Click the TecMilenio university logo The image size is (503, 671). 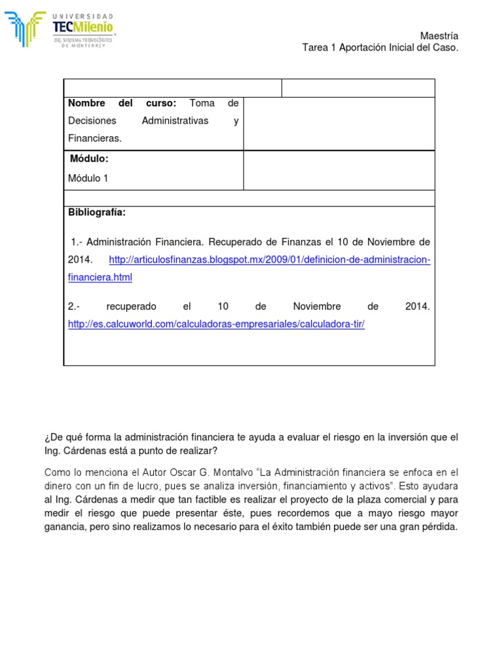click(60, 29)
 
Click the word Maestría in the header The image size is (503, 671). click(439, 36)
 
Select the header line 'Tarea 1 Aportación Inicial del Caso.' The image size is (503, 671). click(380, 48)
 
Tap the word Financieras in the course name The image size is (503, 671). click(94, 138)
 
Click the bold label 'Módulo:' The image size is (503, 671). click(89, 159)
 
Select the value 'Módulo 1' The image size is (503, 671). click(88, 178)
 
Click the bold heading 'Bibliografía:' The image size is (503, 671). click(96, 212)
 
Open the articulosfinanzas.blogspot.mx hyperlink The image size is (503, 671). click(269, 259)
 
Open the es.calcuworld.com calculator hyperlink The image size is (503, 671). click(216, 324)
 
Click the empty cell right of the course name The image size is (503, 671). click(339, 123)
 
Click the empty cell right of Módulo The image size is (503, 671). click(339, 170)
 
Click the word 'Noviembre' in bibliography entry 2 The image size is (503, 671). click(316, 307)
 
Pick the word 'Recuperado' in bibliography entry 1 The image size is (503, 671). click(236, 242)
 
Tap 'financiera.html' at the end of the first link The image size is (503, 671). click(100, 277)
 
